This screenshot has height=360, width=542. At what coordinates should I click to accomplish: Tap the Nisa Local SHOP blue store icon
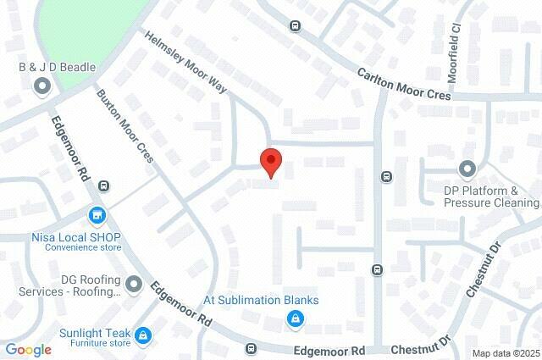pyautogui.click(x=97, y=216)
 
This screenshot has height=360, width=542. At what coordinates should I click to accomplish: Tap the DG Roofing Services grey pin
pyautogui.click(x=134, y=283)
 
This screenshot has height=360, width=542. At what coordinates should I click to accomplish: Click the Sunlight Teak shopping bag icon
pyautogui.click(x=143, y=335)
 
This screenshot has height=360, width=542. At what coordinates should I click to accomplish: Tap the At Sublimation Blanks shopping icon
pyautogui.click(x=295, y=319)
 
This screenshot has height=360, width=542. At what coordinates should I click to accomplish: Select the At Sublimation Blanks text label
pyautogui.click(x=260, y=300)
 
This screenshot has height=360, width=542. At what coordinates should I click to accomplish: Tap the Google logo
pyautogui.click(x=29, y=349)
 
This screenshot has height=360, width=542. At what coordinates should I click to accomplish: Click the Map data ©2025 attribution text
pyautogui.click(x=506, y=353)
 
